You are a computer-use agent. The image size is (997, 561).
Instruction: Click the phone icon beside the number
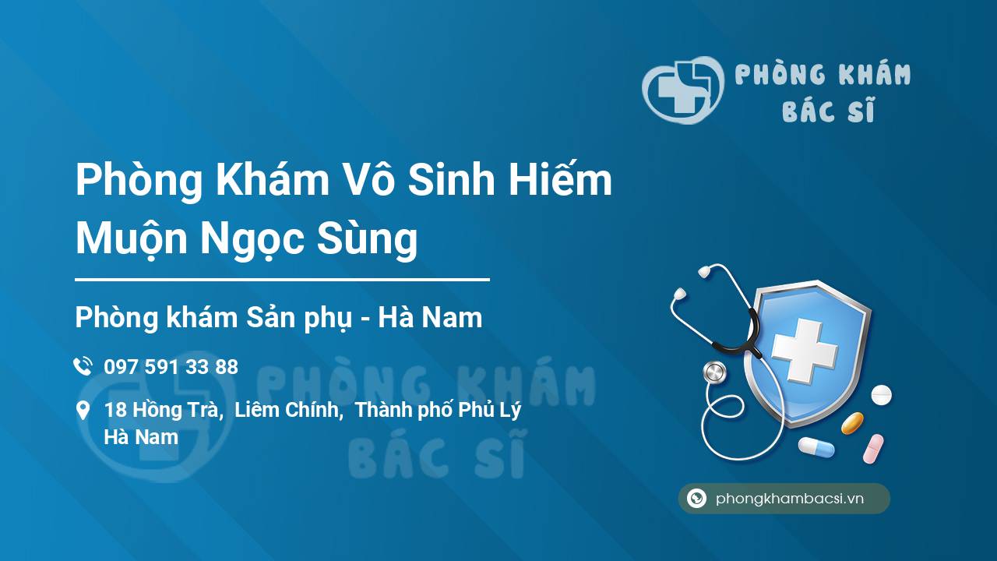[83, 366]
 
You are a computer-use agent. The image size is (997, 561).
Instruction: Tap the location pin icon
[83, 411]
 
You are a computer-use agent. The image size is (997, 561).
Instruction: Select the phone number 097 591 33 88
[171, 367]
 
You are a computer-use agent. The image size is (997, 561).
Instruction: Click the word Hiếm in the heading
[560, 180]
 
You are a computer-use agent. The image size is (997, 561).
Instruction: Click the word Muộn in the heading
[132, 239]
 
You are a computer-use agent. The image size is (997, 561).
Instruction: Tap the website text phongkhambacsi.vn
[790, 499]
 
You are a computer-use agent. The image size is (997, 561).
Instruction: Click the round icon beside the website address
[696, 498]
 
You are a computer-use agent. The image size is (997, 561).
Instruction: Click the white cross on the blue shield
[805, 351]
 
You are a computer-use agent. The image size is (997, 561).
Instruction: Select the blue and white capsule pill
[816, 447]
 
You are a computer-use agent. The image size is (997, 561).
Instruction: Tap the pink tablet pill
[873, 448]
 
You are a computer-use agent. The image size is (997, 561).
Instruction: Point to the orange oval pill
[852, 423]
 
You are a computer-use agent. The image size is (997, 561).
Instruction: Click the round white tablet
[881, 395]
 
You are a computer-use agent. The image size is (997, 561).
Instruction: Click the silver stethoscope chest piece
[715, 372]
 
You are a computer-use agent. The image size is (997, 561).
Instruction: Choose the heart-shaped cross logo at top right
[683, 90]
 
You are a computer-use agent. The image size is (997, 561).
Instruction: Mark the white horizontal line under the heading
[282, 280]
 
